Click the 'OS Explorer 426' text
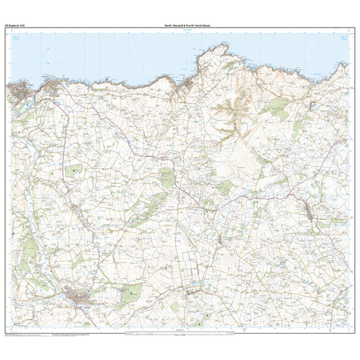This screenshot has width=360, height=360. point(15,24)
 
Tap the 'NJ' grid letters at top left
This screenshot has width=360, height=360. point(16,39)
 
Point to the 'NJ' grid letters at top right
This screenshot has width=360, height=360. point(342,39)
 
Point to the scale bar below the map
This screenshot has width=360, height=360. point(180,336)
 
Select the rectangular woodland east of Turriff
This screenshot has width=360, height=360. point(131,293)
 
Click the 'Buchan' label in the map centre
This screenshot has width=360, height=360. point(218,185)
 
